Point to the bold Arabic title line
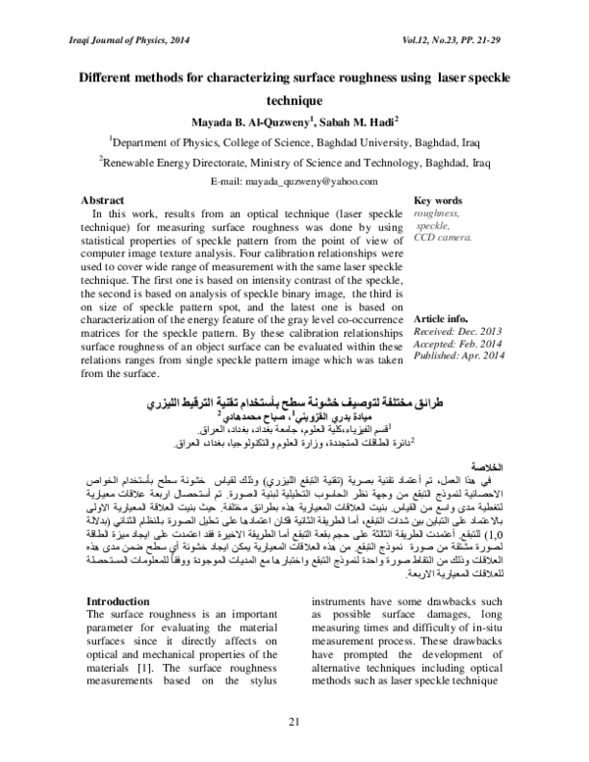(294, 404)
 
